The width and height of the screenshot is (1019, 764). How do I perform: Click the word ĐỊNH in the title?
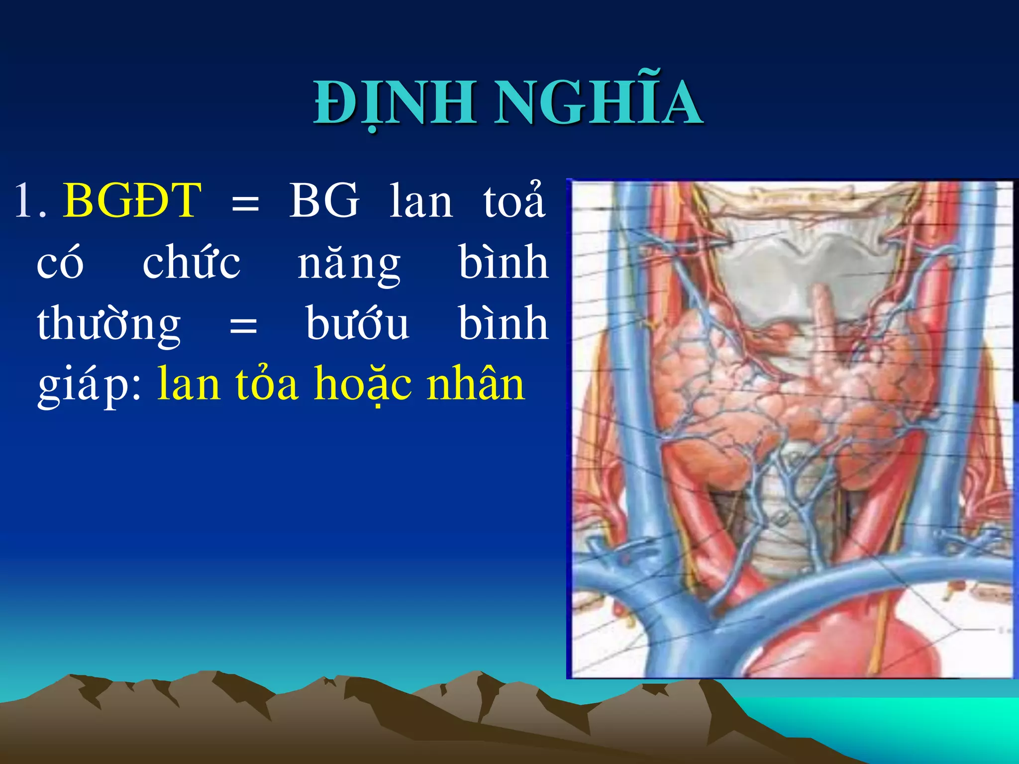click(393, 103)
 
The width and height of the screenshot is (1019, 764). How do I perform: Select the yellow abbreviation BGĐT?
click(132, 201)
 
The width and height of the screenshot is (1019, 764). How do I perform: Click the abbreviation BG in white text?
click(323, 201)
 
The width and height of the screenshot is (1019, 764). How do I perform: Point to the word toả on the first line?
click(514, 201)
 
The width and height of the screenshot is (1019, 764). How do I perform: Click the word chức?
click(191, 262)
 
